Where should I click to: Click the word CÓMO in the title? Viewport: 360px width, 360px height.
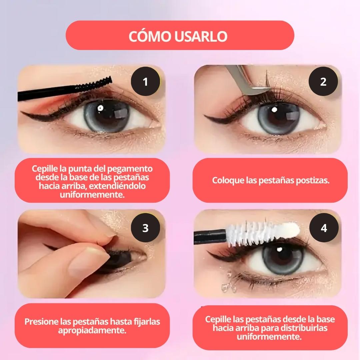(150, 36)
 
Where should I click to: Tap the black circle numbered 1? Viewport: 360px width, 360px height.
(145, 82)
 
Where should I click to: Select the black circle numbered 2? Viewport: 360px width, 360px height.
(323, 82)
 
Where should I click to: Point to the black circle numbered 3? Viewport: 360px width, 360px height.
(145, 228)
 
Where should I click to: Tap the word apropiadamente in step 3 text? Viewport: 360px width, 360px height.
(92, 331)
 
